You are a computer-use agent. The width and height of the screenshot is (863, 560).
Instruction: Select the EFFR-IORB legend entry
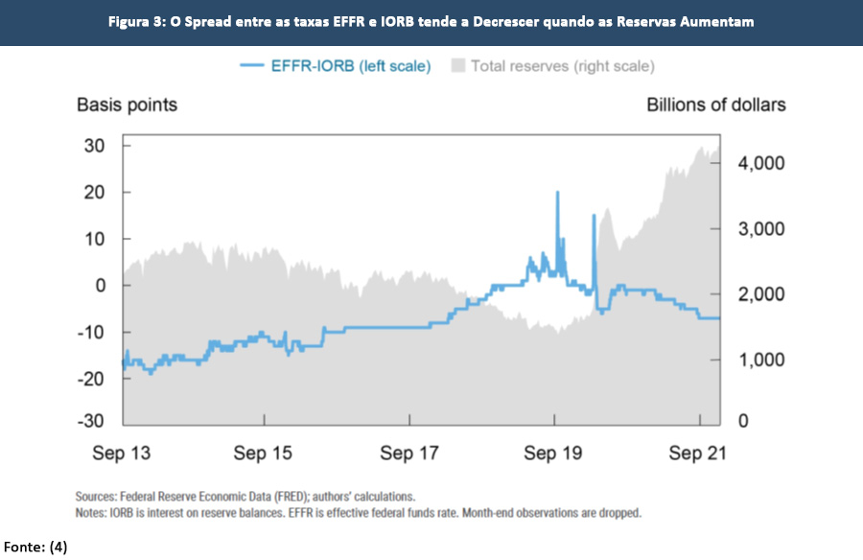[x=335, y=66]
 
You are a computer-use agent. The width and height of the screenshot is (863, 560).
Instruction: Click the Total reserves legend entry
[x=552, y=66]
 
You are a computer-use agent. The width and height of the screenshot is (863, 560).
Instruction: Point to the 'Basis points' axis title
[x=127, y=105]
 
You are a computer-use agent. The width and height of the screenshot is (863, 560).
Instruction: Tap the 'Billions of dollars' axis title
[x=715, y=105]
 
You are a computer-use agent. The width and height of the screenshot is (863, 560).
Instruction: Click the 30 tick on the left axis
[x=93, y=145]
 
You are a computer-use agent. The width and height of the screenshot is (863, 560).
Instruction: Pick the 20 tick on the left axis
[x=93, y=192]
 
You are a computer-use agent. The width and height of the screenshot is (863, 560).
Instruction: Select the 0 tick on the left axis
[x=98, y=286]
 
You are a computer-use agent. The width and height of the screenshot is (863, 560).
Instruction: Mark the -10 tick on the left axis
[x=90, y=332]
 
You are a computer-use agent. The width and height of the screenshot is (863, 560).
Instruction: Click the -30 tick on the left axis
[x=90, y=422]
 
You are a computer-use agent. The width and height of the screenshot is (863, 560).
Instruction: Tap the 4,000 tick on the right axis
[x=761, y=163]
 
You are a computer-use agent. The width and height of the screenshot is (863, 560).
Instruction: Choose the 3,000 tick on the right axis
[x=761, y=229]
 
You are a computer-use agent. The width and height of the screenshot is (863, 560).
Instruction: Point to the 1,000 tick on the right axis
[x=761, y=360]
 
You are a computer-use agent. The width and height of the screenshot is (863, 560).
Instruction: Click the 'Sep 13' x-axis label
[x=123, y=454]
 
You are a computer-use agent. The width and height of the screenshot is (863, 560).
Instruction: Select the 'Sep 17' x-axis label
[x=409, y=454]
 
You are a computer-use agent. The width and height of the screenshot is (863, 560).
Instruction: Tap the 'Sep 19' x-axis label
[x=554, y=454]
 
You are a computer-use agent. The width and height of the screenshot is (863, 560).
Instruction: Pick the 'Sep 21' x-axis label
[x=697, y=454]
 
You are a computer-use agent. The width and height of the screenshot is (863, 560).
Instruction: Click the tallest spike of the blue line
[x=557, y=194]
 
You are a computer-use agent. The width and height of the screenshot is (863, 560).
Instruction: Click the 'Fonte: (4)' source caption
[x=34, y=547]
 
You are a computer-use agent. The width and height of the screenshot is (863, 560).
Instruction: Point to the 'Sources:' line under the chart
[x=245, y=497]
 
